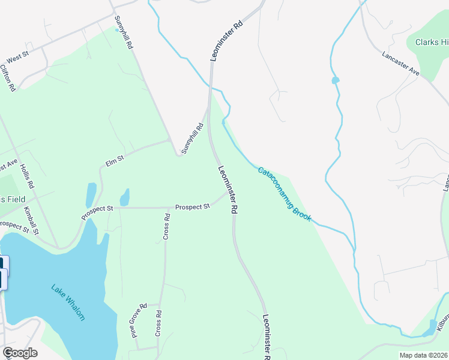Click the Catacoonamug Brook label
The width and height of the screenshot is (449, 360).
(x=285, y=194)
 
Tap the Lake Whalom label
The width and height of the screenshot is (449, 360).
(x=68, y=302)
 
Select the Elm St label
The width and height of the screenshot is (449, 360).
(x=114, y=160)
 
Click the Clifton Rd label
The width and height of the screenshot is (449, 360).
(x=7, y=78)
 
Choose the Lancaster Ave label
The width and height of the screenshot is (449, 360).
(x=400, y=62)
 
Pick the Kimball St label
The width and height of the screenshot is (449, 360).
(x=31, y=220)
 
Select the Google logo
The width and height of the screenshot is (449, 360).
(x=20, y=353)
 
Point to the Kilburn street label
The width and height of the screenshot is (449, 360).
(x=442, y=322)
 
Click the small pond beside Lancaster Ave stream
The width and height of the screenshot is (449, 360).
(x=335, y=80)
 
